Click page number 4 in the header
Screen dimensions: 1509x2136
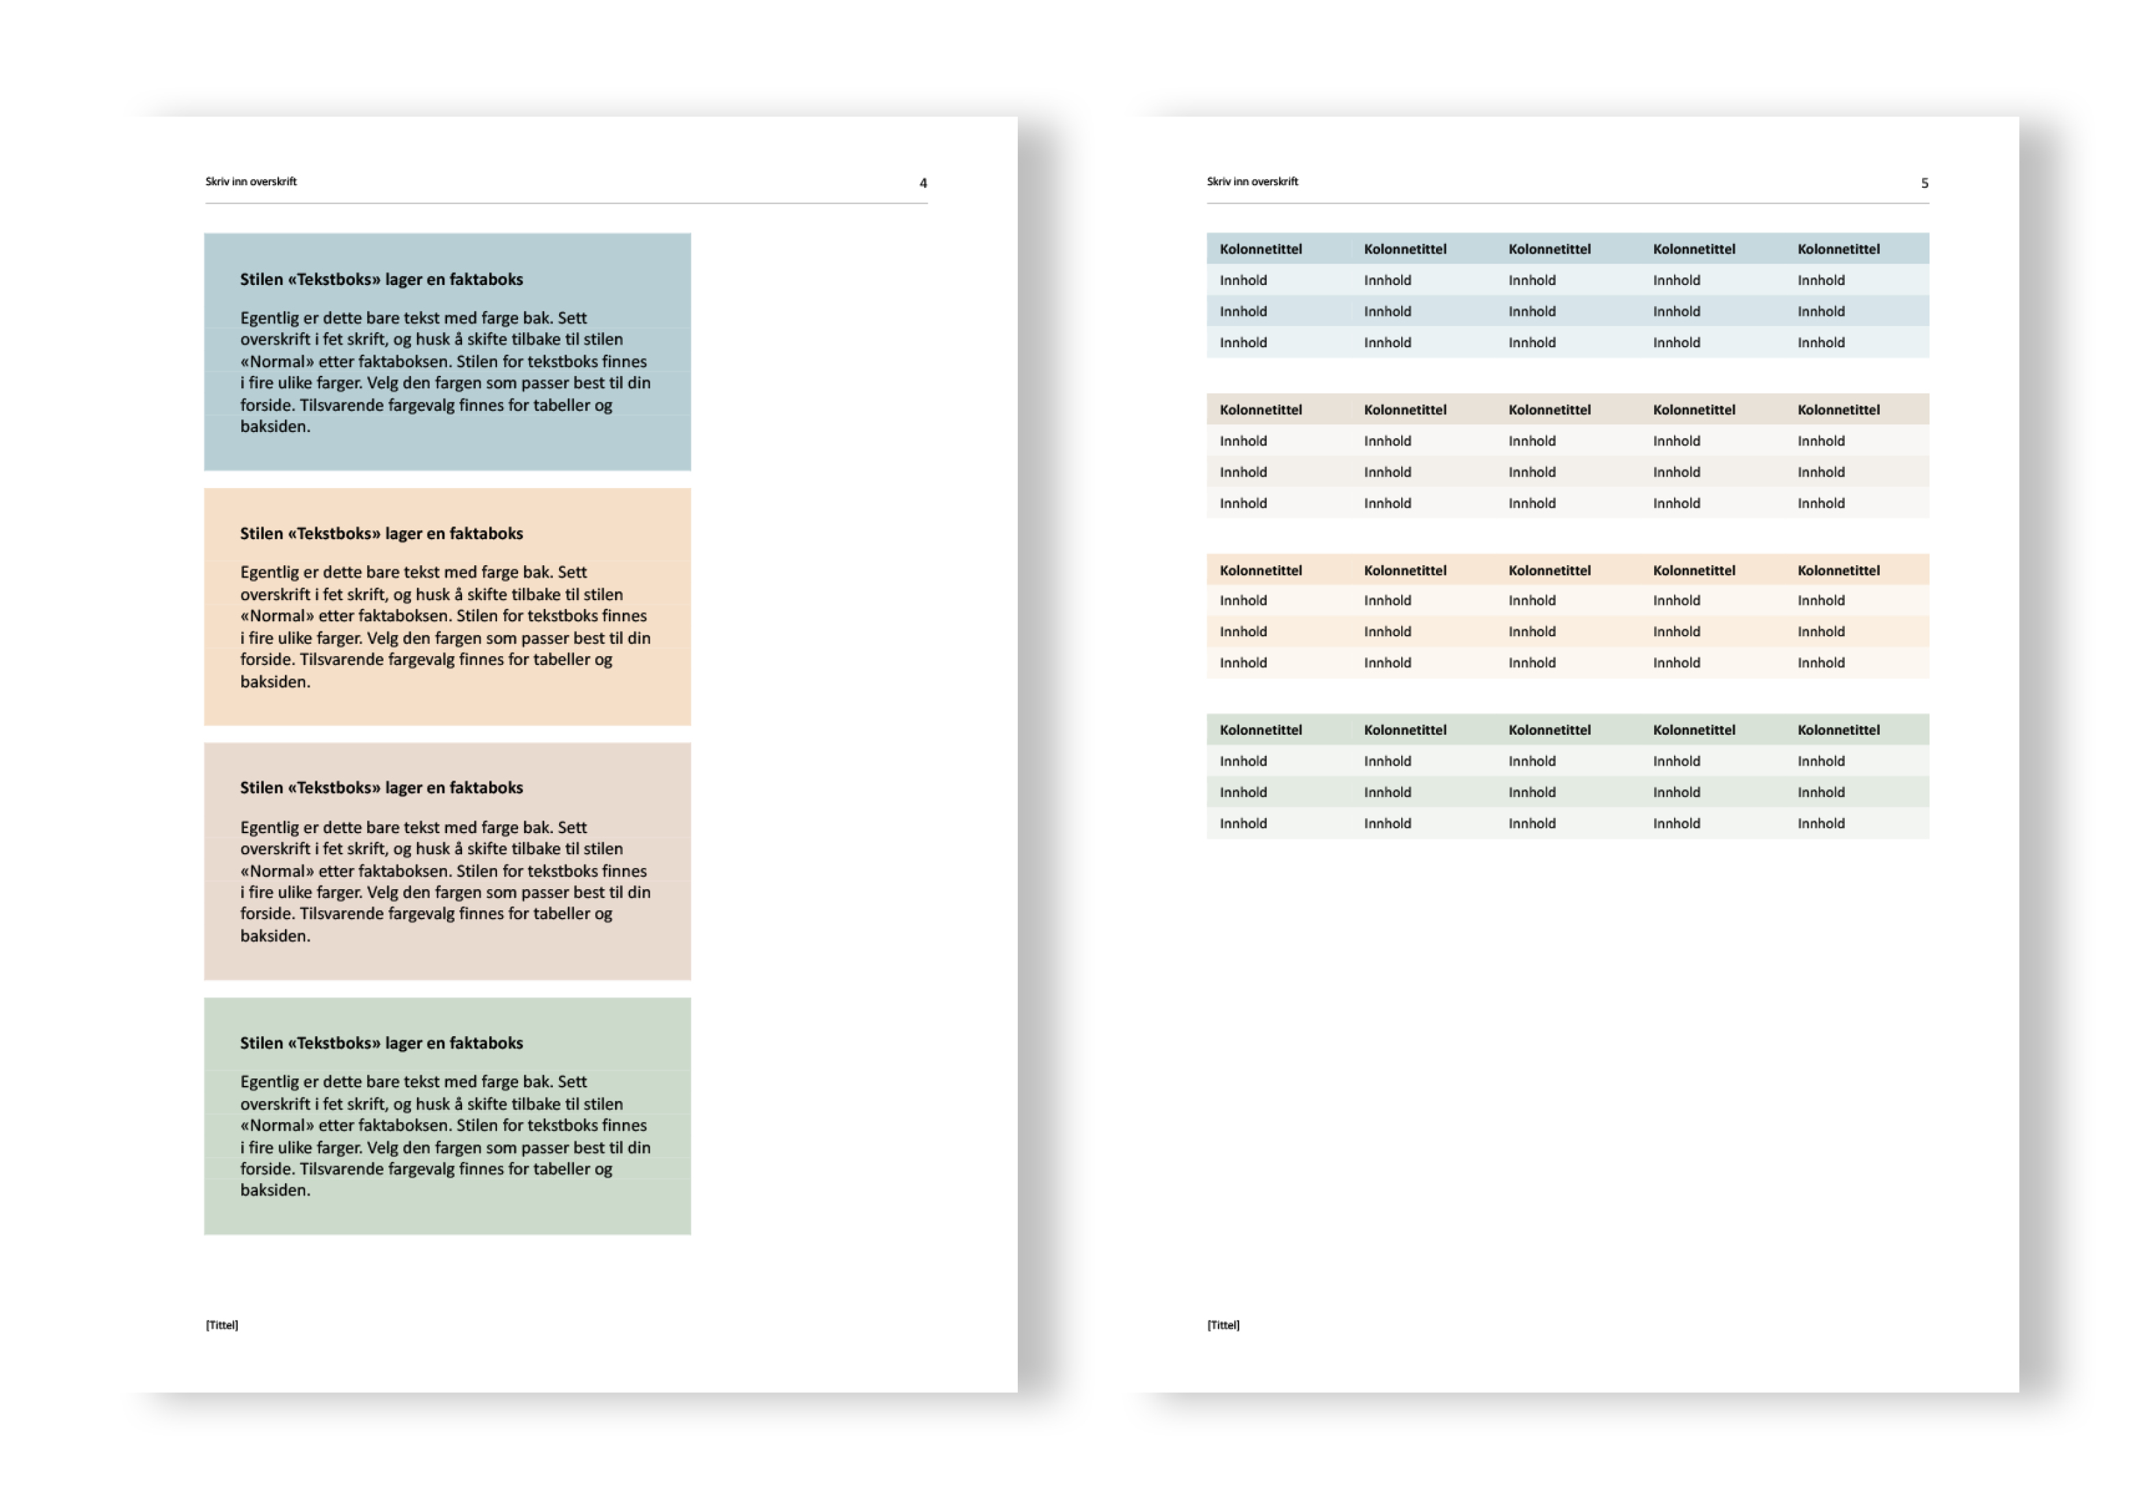923,183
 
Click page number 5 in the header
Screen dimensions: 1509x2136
1924,183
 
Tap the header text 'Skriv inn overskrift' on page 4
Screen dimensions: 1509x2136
251,181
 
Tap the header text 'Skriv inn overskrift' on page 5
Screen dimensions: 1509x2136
1252,181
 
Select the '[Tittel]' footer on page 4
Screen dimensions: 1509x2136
221,1324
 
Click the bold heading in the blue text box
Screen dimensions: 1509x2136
381,279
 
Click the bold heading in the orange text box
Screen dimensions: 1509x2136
381,533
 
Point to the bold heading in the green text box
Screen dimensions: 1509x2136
381,1043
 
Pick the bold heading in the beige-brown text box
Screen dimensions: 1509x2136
381,787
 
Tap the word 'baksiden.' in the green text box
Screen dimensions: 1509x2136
275,1190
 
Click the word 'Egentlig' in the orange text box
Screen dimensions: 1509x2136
270,572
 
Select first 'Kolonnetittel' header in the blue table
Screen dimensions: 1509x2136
1260,249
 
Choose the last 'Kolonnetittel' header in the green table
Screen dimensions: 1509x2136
1838,731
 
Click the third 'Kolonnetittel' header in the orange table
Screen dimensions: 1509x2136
1549,570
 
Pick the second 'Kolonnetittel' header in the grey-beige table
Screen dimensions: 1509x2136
1405,409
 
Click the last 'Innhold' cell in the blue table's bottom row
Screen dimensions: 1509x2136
1821,342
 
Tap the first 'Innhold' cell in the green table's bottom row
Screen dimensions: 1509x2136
1243,824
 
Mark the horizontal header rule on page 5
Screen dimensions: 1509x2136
1567,203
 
